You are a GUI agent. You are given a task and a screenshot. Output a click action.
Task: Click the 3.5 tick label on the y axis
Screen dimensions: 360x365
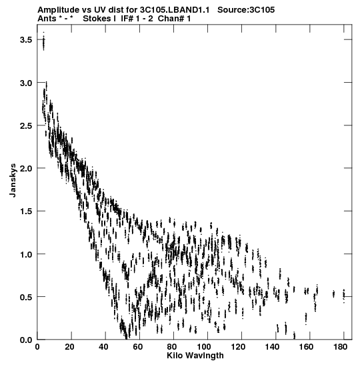coord(25,40)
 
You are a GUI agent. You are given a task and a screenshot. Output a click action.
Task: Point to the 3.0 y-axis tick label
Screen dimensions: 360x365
coord(25,83)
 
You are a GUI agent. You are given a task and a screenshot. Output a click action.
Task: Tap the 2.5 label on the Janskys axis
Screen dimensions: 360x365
coord(25,125)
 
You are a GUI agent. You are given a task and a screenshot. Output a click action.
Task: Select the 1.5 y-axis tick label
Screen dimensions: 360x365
coord(25,212)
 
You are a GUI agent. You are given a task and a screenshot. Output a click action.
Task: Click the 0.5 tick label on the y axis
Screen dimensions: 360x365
coord(25,297)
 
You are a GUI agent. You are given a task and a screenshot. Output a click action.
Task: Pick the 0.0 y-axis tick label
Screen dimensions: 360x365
coord(25,340)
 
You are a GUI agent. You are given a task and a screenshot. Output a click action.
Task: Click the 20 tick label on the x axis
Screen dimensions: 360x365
coord(69,347)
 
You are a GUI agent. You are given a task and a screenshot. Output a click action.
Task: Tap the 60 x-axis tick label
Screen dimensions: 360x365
coord(138,347)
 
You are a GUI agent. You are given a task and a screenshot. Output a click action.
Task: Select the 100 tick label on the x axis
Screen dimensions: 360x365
coord(204,347)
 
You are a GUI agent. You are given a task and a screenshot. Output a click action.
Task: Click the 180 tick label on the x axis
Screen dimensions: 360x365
coord(340,347)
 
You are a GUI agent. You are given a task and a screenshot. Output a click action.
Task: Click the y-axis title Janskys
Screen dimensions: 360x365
coord(13,180)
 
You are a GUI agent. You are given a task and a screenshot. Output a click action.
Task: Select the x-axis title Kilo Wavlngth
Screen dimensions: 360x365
coord(195,356)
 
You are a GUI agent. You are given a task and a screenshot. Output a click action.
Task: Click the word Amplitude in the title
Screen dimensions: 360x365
coord(59,10)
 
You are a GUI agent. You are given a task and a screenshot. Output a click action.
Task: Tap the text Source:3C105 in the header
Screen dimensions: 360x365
coord(246,10)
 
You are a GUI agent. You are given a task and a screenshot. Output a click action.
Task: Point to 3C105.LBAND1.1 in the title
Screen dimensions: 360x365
coord(175,10)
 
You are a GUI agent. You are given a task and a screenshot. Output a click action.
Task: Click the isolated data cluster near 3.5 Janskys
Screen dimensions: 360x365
coord(43,41)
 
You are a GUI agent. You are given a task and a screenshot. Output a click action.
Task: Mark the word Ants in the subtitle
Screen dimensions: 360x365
coord(47,19)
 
